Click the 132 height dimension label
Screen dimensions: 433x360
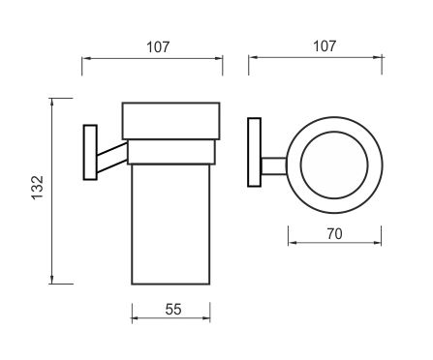(x=38, y=188)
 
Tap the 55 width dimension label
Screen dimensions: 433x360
(x=173, y=310)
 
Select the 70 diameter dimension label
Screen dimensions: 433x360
(x=334, y=234)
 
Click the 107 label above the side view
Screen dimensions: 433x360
(x=158, y=47)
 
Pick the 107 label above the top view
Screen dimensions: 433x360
(x=325, y=46)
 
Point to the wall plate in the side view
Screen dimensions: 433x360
(x=90, y=152)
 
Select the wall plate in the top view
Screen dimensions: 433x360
(x=254, y=152)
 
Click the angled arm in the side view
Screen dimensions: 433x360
(x=112, y=158)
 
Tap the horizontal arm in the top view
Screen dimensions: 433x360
(x=274, y=166)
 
